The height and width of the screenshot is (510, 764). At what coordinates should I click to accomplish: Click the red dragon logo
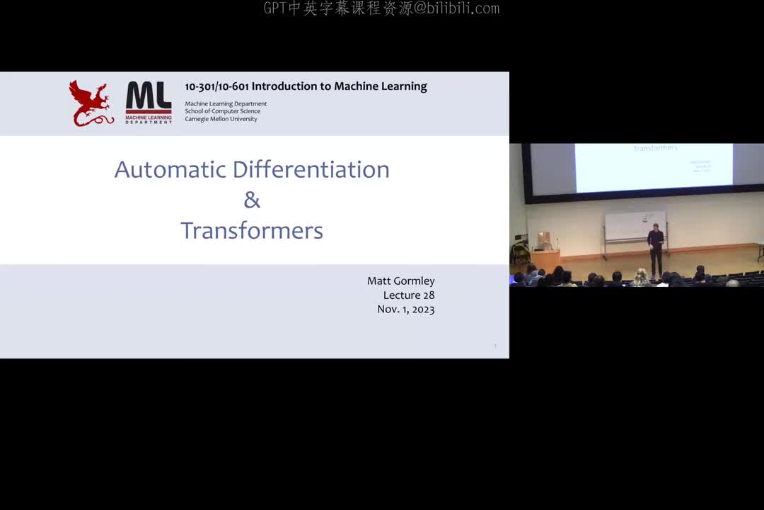click(x=91, y=103)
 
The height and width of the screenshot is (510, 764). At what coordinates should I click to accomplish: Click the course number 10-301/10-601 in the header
click(x=216, y=86)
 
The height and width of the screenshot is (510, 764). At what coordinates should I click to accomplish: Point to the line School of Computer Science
click(x=222, y=111)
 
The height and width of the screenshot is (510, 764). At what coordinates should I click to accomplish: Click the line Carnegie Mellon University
click(x=221, y=119)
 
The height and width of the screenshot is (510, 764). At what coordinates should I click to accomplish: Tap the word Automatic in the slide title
click(x=170, y=169)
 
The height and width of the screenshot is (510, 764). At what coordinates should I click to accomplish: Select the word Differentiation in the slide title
click(x=311, y=169)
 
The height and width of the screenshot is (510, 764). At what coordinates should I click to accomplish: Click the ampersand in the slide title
click(x=252, y=200)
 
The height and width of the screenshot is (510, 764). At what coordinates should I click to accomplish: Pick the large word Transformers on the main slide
click(x=252, y=231)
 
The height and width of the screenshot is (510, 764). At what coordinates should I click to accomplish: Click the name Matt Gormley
click(x=400, y=281)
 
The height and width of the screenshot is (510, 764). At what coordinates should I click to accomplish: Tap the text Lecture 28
click(x=409, y=295)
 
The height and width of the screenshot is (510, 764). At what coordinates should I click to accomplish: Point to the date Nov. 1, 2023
click(x=405, y=310)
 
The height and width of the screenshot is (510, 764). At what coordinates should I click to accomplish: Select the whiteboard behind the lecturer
click(x=635, y=226)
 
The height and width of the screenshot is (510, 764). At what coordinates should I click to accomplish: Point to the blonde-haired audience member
click(x=641, y=276)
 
